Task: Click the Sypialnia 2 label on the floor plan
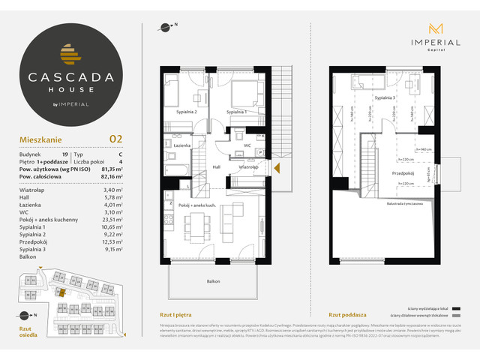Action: click(187, 112)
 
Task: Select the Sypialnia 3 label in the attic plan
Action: click(383, 98)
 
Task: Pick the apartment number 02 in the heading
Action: click(115, 138)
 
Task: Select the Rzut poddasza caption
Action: click(343, 314)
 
